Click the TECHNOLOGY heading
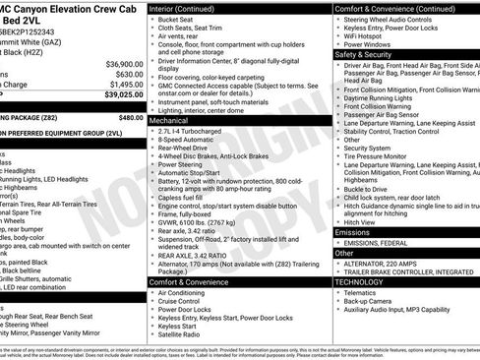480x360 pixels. pos(360,280)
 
